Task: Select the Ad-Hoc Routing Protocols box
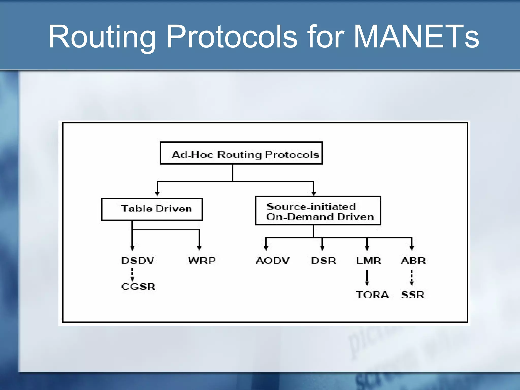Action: click(241, 153)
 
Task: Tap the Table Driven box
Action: click(152, 209)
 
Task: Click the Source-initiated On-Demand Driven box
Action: click(318, 211)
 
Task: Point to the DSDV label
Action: click(138, 261)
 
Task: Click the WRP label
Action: click(202, 261)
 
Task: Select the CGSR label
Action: click(138, 287)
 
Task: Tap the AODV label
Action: click(272, 261)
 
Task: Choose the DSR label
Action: click(323, 261)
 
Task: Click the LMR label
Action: click(368, 261)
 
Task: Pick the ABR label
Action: click(413, 261)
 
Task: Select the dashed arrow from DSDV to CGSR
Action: click(132, 274)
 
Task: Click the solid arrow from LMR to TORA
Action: click(367, 277)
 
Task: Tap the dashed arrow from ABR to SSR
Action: click(412, 277)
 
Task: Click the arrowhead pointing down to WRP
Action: click(199, 248)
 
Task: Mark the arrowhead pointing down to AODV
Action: click(266, 248)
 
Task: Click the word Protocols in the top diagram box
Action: click(292, 155)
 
